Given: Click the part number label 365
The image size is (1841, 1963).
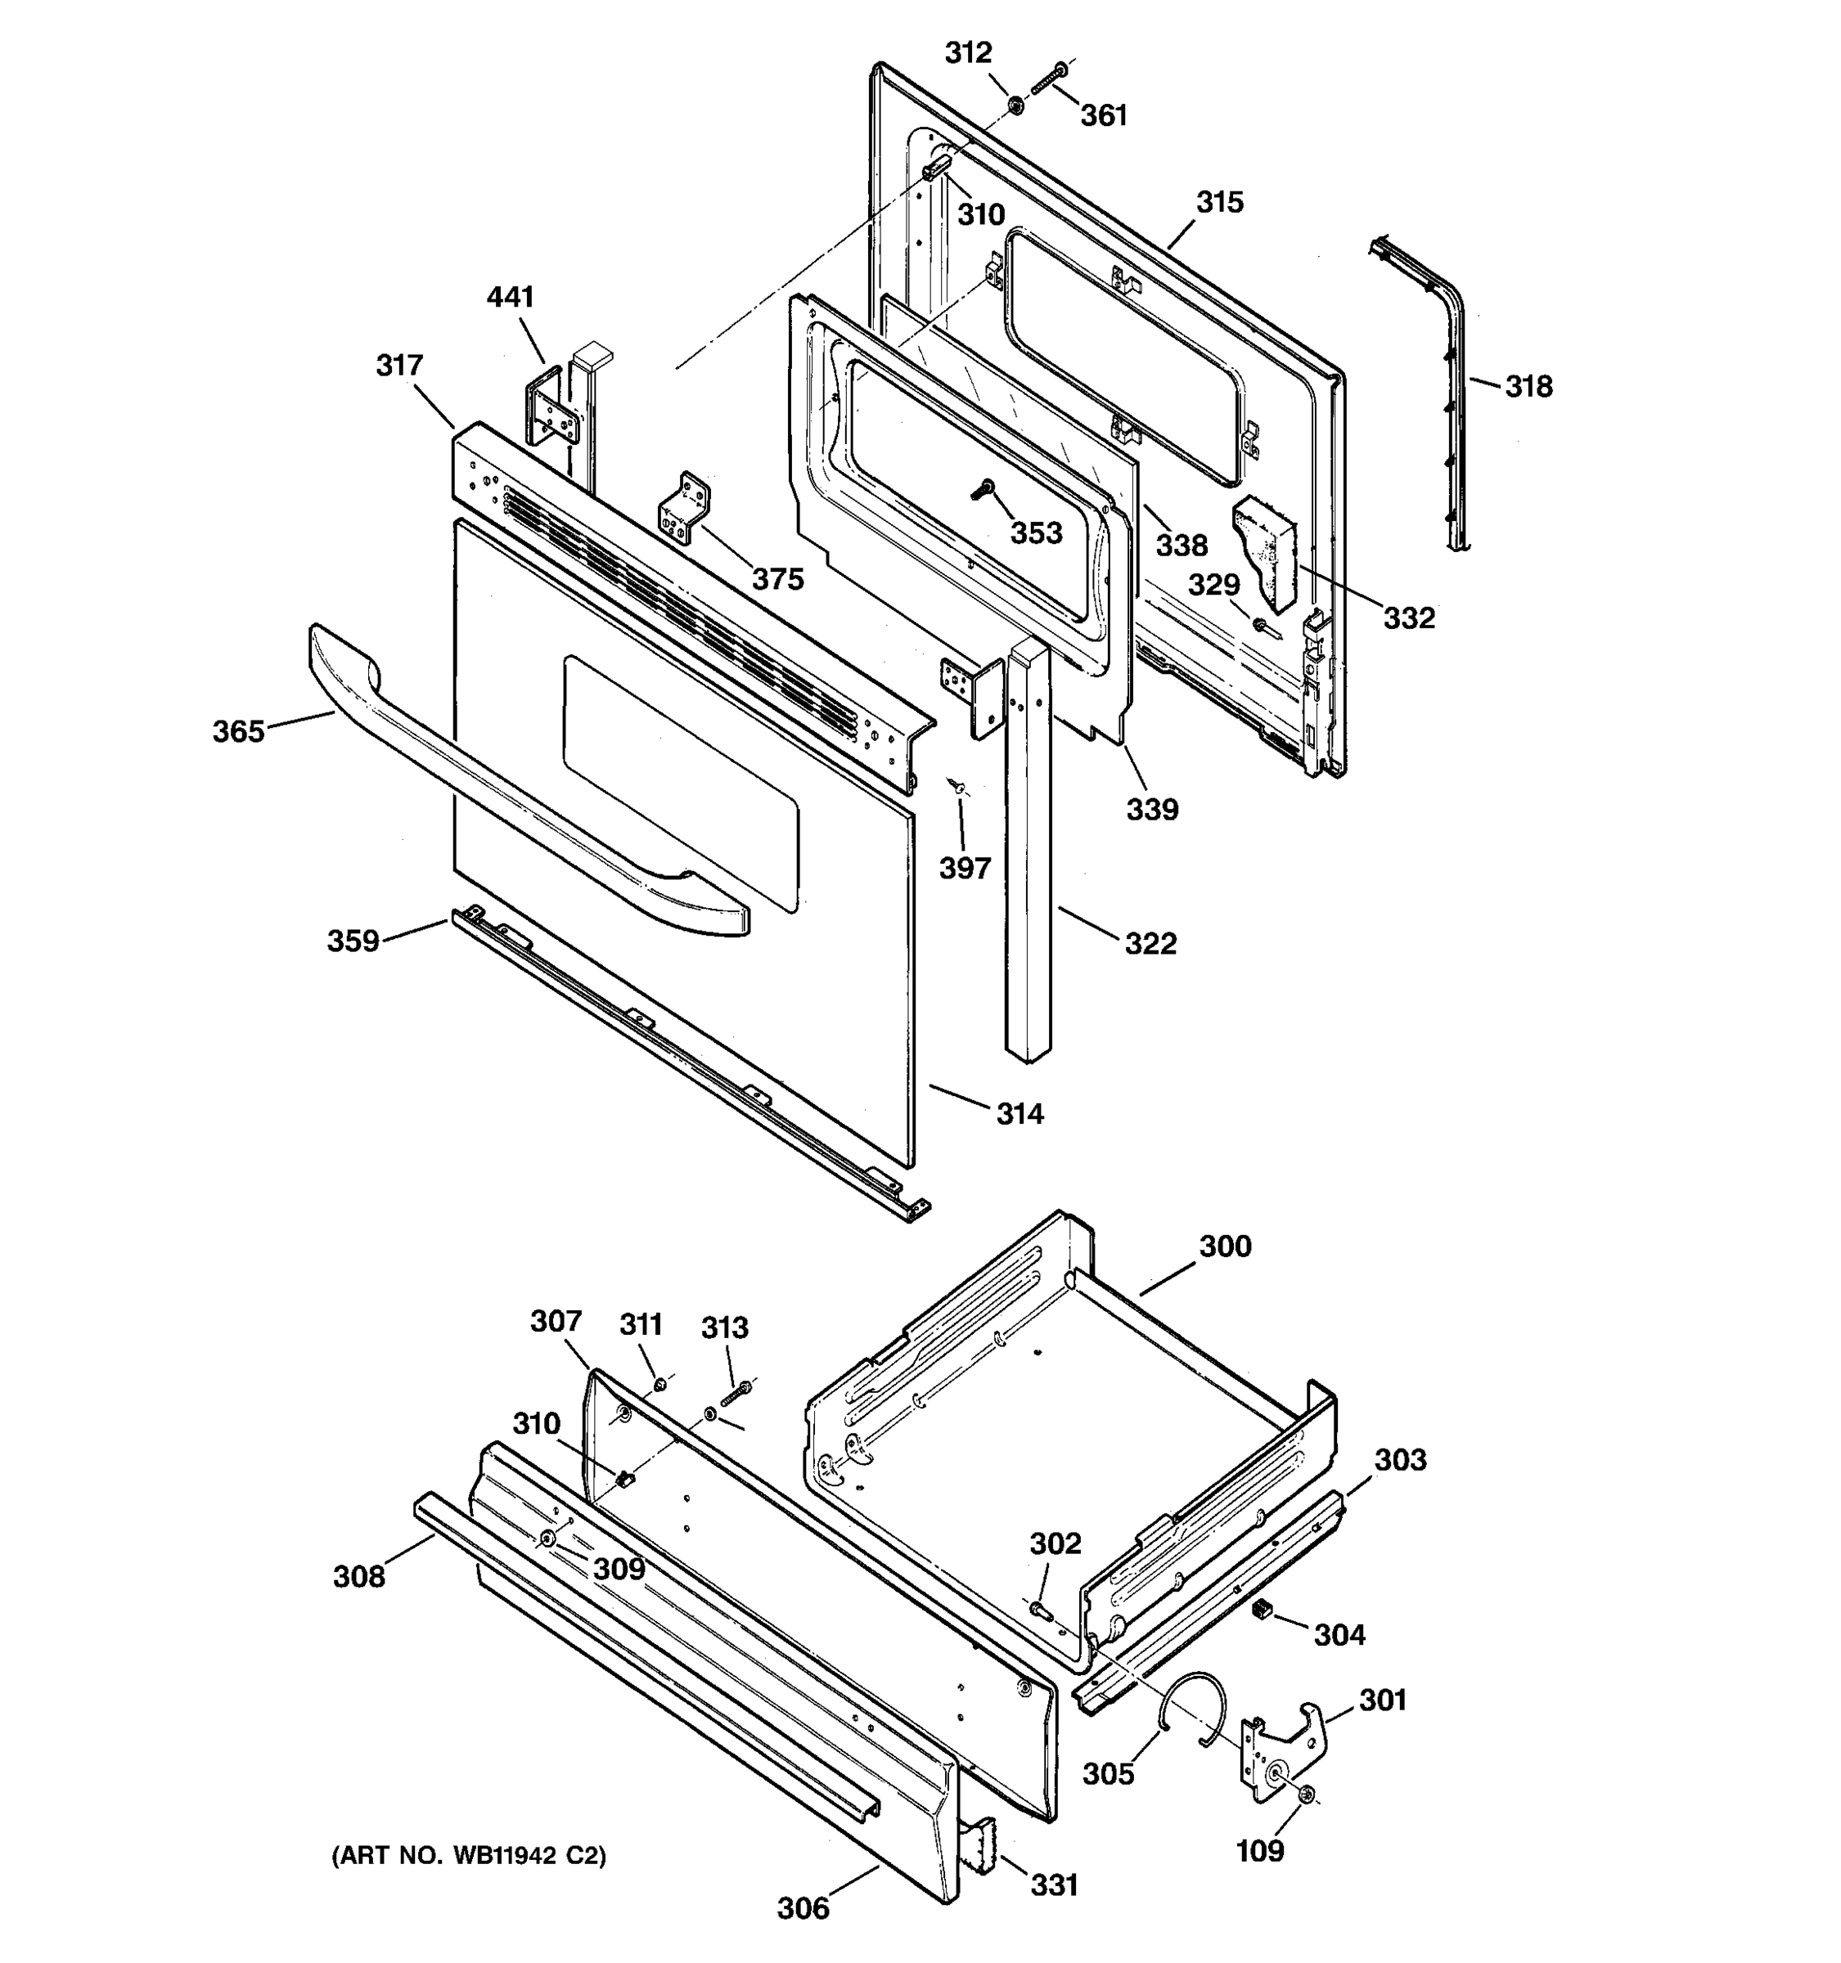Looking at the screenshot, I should (238, 732).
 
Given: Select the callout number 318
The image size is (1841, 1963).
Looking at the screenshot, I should (1528, 387).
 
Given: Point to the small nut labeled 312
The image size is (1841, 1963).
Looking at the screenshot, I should (1015, 104).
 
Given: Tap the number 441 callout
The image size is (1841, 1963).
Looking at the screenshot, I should (510, 297).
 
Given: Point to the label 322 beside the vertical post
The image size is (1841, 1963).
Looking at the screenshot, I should (1150, 944).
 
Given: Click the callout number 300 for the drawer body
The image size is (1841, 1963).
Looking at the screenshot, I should (1225, 1247).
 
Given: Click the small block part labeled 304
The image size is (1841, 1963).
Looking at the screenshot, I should (1259, 1610).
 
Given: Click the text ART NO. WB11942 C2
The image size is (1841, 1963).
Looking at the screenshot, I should (468, 1857).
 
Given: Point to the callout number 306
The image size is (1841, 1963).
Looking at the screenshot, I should (803, 1910).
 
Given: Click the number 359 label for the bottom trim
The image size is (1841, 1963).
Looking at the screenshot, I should (353, 941).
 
